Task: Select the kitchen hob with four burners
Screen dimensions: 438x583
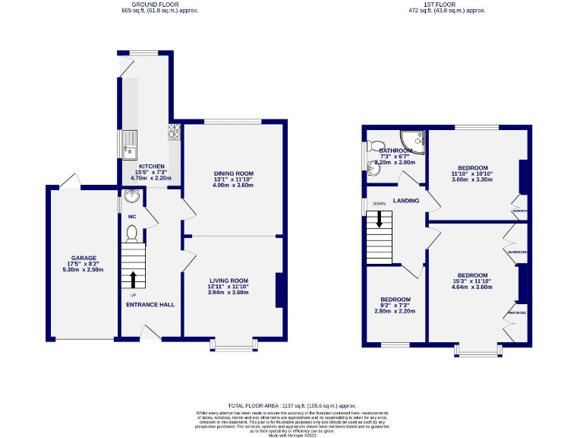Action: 174,132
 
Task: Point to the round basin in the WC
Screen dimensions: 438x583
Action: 131,198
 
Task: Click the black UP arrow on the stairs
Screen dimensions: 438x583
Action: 134,278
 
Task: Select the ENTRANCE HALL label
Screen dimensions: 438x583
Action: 150,304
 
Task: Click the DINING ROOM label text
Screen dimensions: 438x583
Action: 233,173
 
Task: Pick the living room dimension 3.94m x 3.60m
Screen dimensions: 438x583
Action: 229,292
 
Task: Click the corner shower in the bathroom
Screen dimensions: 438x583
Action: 412,141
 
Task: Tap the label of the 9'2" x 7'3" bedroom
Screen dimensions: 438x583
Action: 396,299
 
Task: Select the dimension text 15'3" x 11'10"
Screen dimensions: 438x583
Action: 471,281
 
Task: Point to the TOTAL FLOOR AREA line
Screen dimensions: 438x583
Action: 291,406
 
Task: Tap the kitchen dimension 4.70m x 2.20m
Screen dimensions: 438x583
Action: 150,178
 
